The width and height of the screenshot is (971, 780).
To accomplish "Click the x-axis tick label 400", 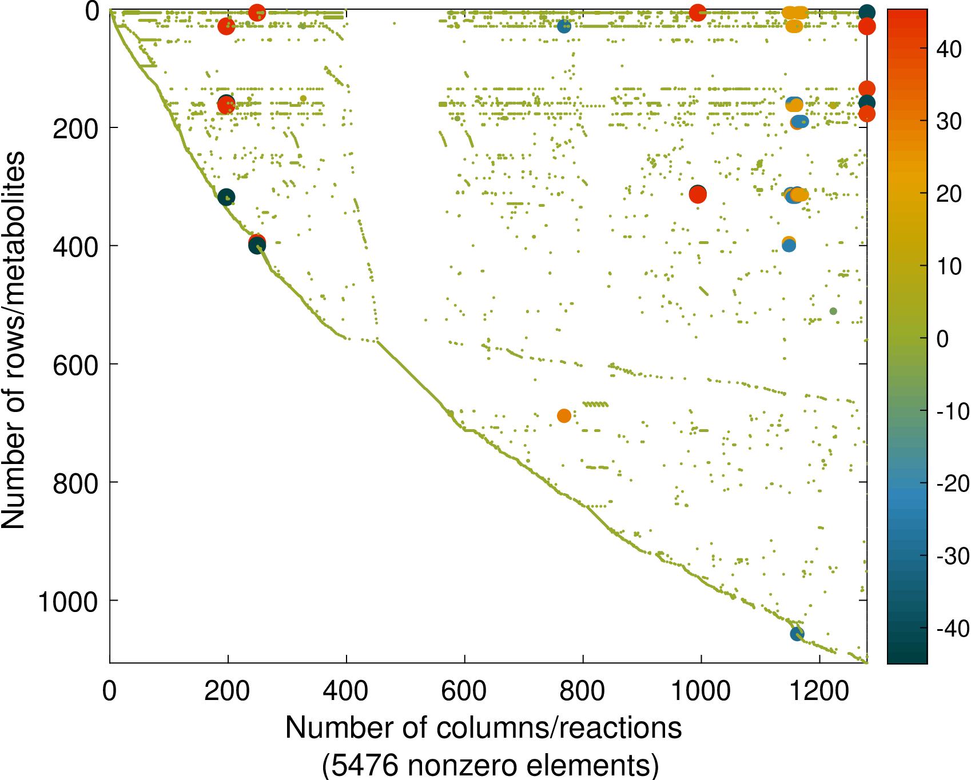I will [345, 691].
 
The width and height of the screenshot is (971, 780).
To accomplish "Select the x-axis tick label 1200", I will [819, 691].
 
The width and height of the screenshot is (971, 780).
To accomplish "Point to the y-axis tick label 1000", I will [69, 602].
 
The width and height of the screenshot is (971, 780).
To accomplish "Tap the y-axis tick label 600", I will [76, 365].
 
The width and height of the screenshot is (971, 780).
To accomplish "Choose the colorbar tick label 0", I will [942, 339].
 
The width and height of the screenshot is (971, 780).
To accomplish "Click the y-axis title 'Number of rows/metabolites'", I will [14, 340].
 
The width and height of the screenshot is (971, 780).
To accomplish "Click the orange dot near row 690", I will [564, 416].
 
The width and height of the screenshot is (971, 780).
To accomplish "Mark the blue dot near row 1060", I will [797, 634].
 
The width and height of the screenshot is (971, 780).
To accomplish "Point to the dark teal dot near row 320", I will [226, 197].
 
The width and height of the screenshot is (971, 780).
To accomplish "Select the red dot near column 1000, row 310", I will [698, 195].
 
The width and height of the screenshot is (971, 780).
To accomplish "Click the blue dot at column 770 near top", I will [564, 26].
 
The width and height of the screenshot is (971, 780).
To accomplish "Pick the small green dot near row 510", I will [833, 311].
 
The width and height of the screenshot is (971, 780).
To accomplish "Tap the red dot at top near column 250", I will [257, 12].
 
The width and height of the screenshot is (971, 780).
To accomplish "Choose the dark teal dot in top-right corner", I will [867, 12].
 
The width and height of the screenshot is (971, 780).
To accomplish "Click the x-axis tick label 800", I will [582, 691].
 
